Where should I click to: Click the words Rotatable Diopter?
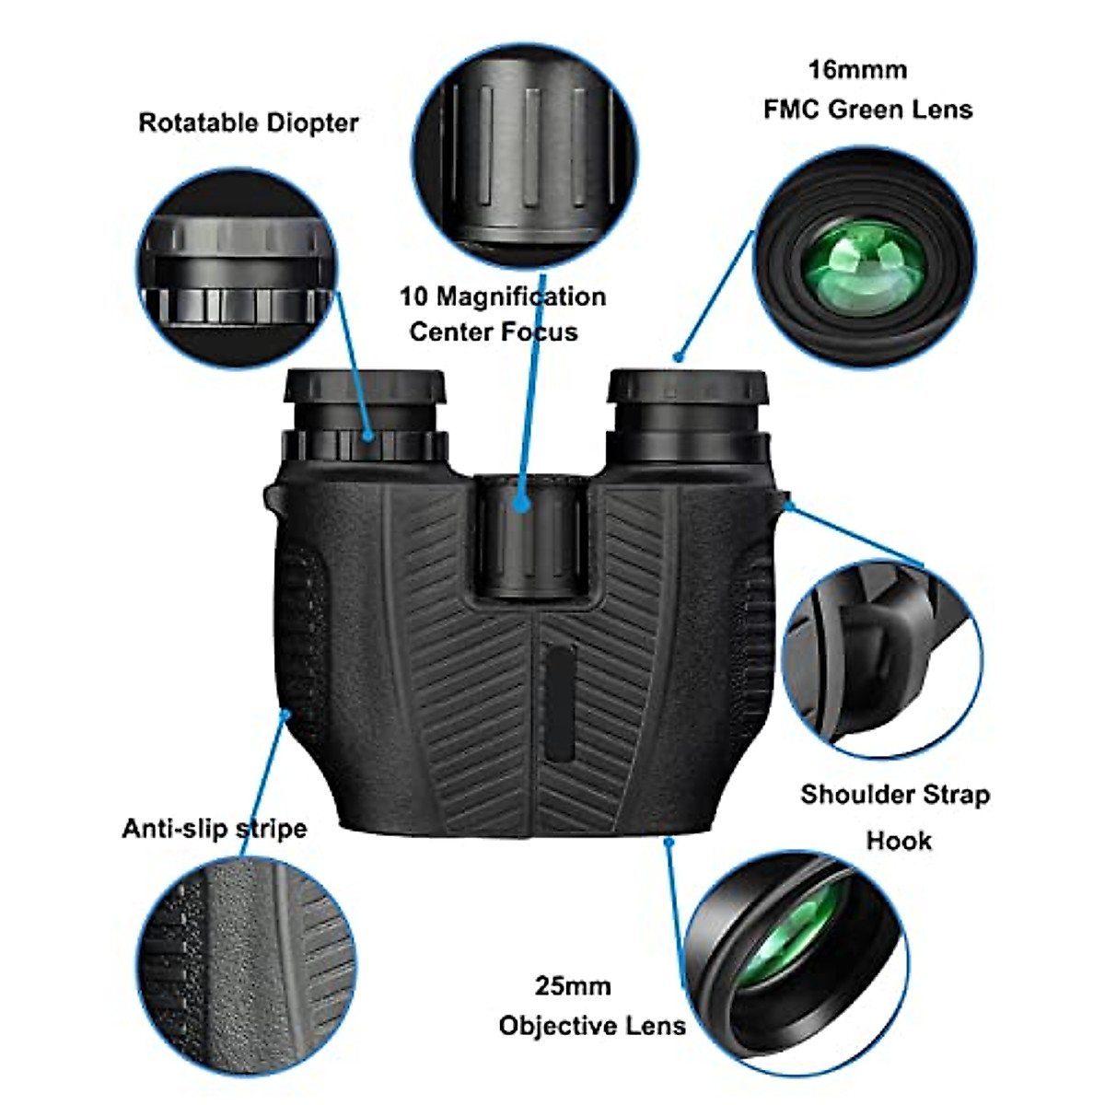coord(248,122)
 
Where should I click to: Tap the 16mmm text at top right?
coord(857,70)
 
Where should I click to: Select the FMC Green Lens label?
coord(867,110)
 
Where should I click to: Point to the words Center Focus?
coord(494,331)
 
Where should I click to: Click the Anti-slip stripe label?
coord(215,828)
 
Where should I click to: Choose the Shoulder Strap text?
coord(895,794)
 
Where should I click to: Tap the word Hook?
coord(899,840)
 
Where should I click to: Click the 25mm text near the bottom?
coord(573,986)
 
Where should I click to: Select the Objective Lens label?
coord(592,1026)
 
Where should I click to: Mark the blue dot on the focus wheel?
coord(522,505)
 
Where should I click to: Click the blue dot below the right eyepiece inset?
coord(679,356)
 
